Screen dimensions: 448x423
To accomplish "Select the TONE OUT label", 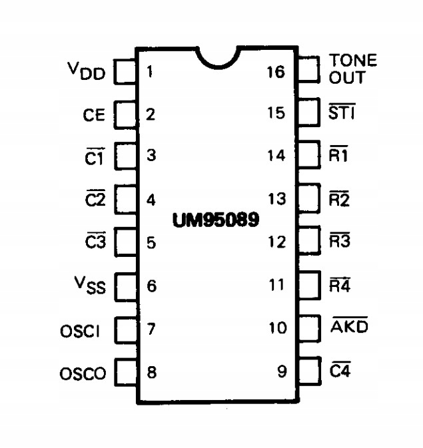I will [352, 69].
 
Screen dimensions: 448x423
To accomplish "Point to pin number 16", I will [275, 71].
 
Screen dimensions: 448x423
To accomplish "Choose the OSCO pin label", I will [83, 373].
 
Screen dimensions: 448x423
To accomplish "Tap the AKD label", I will [350, 327].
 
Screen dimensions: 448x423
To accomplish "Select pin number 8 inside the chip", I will [152, 372].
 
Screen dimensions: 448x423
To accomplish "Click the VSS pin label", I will [90, 287].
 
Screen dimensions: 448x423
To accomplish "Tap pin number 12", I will [276, 242].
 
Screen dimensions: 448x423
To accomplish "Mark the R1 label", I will [339, 156].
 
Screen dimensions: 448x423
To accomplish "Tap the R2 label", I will [339, 199].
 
